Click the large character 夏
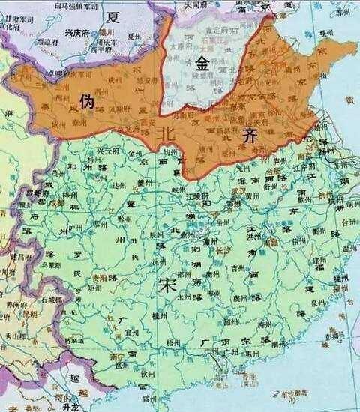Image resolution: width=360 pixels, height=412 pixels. pos(115,16)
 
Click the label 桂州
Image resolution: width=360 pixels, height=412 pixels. pos(158,315)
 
